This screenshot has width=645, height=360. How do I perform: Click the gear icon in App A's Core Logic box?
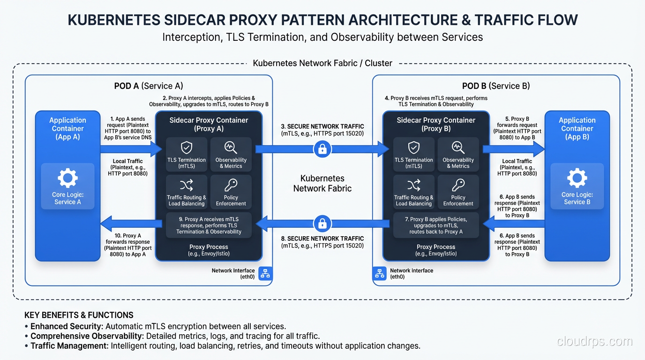point(67,178)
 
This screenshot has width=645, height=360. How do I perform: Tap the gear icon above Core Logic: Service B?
point(577,178)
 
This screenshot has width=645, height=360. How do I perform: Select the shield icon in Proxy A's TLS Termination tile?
point(187,148)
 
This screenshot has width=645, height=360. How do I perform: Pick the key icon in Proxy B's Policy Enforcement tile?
point(458,185)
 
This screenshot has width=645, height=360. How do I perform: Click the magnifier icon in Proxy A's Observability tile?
point(231,148)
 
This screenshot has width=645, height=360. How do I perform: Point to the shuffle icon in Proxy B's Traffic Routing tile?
point(413,185)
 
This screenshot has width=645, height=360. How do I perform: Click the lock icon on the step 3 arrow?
point(322,150)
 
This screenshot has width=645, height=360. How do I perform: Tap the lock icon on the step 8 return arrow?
point(322,224)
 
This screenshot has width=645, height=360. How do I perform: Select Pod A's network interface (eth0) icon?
point(265,274)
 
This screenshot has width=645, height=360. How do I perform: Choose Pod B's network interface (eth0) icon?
point(379,274)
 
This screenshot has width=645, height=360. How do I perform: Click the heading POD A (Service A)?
point(149,86)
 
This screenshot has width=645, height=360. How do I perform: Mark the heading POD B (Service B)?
point(496,86)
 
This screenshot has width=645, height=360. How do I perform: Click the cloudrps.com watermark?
point(594,341)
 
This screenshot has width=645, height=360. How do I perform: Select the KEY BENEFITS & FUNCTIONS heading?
point(79,315)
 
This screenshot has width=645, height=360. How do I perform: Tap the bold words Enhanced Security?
point(67,326)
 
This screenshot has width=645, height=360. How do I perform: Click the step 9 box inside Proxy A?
point(209,225)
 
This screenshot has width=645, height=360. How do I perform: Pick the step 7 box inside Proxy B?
point(436,225)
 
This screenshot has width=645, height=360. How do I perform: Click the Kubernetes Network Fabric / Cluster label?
point(322,63)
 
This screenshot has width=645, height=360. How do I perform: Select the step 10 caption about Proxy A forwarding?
point(128,245)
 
